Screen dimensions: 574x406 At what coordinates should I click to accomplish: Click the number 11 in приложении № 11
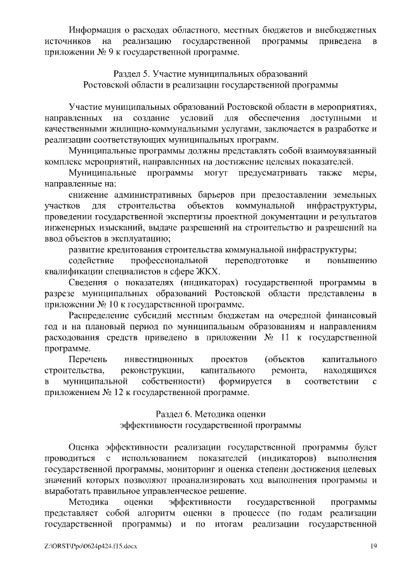295,337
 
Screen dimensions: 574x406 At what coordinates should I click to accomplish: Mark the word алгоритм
185,513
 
